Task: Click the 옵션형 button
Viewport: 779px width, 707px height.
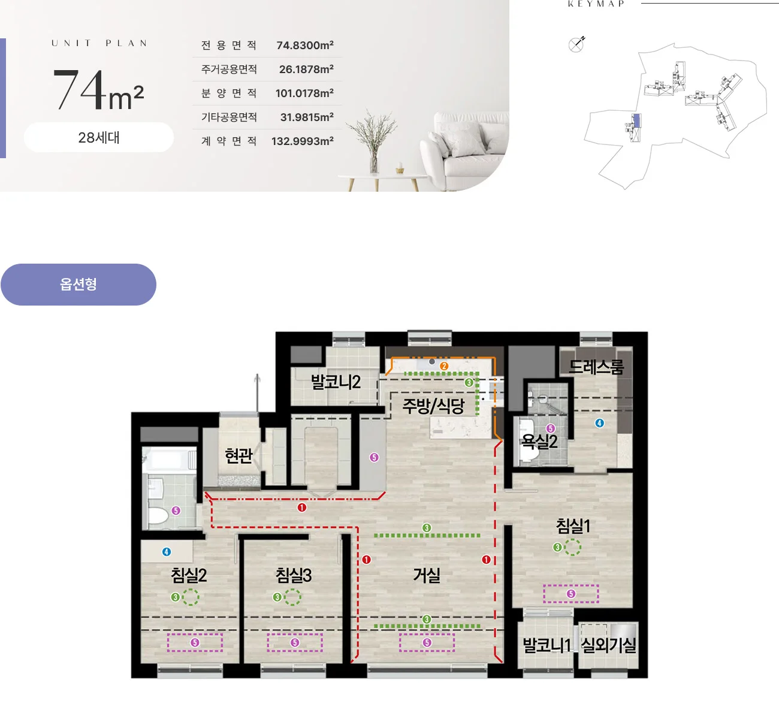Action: point(78,285)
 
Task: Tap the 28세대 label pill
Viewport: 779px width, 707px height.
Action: point(99,138)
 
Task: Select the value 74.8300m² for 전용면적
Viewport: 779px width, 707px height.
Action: point(305,45)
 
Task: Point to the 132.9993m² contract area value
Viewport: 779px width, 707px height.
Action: point(302,141)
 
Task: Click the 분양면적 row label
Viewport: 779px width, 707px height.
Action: point(229,93)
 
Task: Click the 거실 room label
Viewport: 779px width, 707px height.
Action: point(427,575)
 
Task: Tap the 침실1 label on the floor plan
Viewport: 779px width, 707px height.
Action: point(573,526)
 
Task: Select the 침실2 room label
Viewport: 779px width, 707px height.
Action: point(189,575)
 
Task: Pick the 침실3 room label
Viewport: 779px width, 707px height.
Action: point(294,575)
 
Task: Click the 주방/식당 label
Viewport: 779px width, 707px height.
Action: point(433,406)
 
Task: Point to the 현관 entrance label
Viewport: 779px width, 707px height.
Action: point(238,455)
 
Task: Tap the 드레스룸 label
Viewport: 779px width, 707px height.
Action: point(596,367)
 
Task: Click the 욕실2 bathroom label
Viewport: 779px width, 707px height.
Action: point(539,442)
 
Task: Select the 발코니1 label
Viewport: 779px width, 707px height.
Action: point(546,645)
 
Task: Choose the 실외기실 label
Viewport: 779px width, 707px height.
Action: point(608,645)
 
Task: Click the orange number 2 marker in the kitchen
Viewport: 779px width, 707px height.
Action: point(444,366)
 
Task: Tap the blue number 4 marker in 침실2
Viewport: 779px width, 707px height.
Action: point(167,552)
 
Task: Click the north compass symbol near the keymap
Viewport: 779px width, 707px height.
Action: point(576,44)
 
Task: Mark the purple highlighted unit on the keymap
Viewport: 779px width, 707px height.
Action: point(636,120)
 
